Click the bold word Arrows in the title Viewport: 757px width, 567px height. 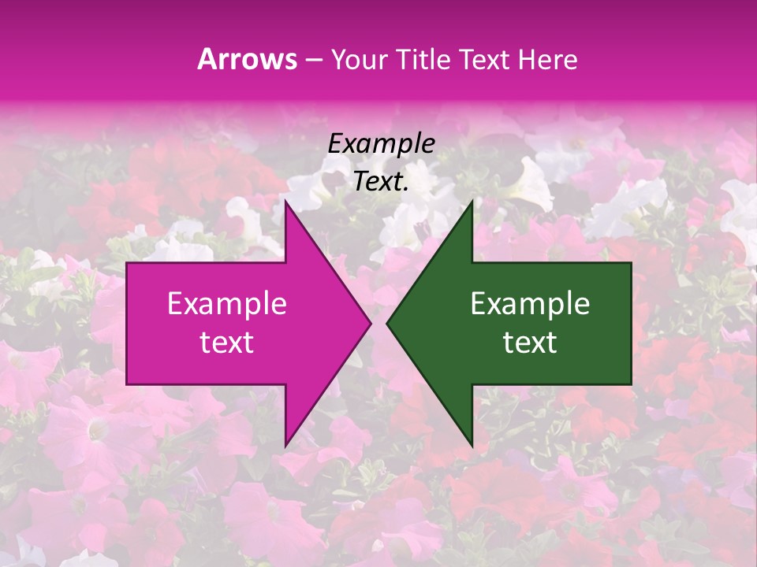coord(248,59)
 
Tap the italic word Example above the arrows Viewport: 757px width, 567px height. coord(381,143)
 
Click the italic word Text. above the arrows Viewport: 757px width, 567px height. coord(381,182)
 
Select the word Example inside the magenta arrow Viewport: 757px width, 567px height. coord(227,304)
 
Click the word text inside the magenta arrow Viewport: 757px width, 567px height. coord(227,343)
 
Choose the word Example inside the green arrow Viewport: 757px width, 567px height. coord(530,304)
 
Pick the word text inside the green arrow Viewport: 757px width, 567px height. coord(530,343)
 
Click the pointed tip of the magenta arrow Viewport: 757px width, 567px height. coord(371,323)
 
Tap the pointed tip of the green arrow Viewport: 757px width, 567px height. coord(387,323)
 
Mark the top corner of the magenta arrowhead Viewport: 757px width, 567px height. coord(285,202)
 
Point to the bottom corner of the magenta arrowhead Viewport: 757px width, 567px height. coord(285,446)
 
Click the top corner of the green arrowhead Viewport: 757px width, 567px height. coord(472,202)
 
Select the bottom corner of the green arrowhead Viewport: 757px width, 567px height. coord(472,446)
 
